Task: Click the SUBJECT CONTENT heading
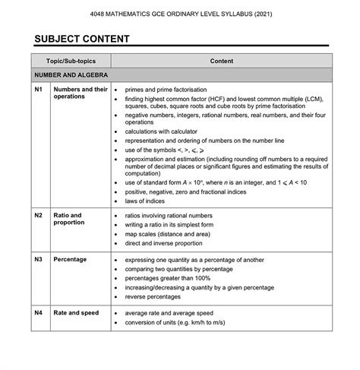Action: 81,39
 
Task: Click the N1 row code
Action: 39,90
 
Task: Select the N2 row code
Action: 39,216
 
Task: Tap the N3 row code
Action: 39,259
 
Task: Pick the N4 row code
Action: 39,313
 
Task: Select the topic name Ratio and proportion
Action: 70,220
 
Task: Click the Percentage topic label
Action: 70,259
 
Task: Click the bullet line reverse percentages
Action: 159,296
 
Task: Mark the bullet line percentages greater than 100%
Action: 173,278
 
